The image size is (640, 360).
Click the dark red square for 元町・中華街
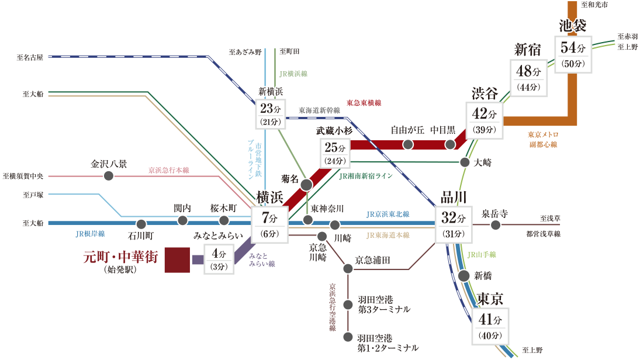177,259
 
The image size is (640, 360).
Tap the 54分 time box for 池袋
576,54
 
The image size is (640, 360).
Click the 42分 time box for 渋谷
484,121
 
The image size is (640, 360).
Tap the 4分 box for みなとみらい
219,259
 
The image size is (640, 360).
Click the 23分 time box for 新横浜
271,114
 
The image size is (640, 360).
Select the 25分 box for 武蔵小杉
335,152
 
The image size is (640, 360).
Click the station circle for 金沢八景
108,175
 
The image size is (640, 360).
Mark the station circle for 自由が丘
409,144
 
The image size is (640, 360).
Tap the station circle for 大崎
465,162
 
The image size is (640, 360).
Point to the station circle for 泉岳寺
496,225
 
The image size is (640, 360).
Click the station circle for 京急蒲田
348,269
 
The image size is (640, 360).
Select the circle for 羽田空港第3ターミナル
348,304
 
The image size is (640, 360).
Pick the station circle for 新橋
464,276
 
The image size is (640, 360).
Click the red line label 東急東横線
364,103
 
